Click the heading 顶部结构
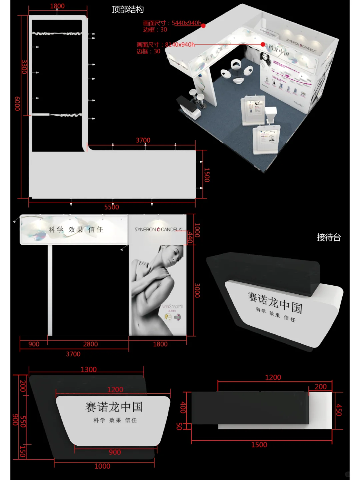click(128, 9)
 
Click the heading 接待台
click(329, 237)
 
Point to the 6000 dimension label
click(17, 104)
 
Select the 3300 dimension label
click(24, 67)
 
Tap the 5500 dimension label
click(111, 207)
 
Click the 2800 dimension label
click(90, 344)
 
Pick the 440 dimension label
click(190, 237)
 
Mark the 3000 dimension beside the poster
click(197, 290)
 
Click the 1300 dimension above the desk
click(89, 369)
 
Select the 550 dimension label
click(23, 421)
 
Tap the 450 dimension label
click(339, 410)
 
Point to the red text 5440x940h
click(186, 23)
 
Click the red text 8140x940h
click(180, 45)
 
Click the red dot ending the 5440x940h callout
click(203, 26)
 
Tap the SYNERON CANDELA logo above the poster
click(158, 229)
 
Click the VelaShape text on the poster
click(172, 306)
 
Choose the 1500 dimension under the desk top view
click(259, 445)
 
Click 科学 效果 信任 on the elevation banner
click(76, 230)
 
